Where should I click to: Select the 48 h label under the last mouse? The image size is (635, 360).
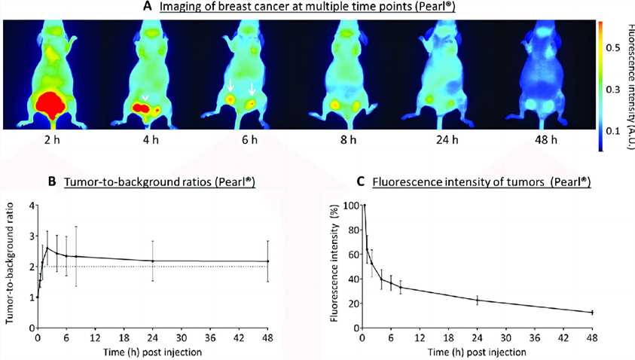click(545, 139)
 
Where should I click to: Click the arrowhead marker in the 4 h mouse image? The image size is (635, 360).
click(144, 98)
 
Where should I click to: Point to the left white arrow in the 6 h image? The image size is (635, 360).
click(230, 88)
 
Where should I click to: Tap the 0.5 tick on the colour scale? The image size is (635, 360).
click(615, 47)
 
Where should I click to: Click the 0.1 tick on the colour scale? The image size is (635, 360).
click(615, 131)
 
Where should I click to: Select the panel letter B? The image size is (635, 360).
click(52, 182)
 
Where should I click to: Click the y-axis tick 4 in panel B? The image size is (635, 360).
click(31, 205)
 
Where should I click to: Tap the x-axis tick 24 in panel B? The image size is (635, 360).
click(153, 337)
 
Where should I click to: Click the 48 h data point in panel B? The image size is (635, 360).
click(269, 261)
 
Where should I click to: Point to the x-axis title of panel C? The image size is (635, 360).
click(478, 351)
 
